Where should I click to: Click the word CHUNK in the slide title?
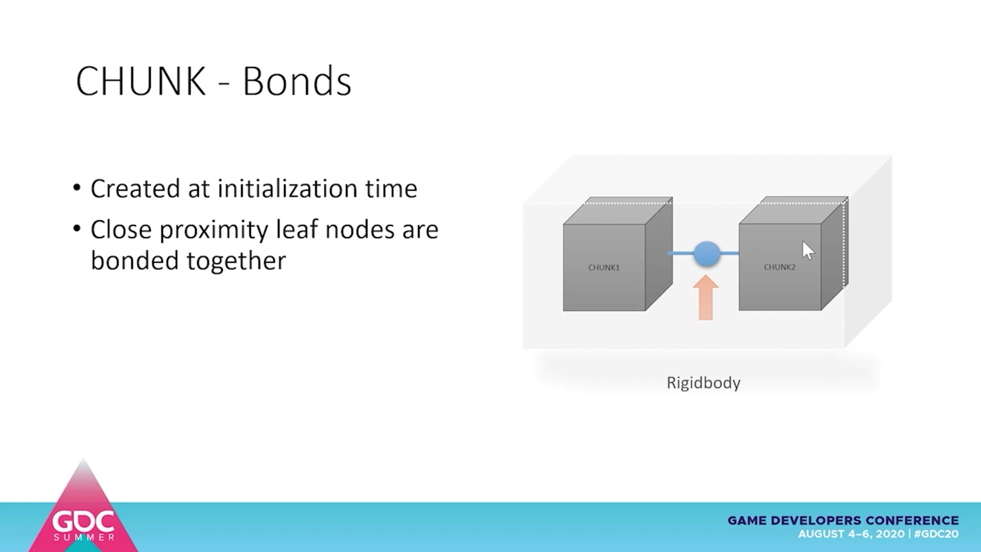point(141,81)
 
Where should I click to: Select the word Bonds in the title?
point(297,81)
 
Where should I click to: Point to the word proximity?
point(214,231)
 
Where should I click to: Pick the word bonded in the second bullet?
point(135,261)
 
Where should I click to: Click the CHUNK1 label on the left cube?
point(604,267)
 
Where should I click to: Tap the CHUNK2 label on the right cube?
point(780,267)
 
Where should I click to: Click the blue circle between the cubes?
point(707,254)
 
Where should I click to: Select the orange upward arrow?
point(706,297)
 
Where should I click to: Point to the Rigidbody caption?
point(704,383)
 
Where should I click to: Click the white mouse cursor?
point(807,250)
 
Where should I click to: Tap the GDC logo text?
point(83,522)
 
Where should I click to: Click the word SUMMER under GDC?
point(84,537)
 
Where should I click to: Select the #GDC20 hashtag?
point(936,534)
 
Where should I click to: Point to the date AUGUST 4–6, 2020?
point(851,534)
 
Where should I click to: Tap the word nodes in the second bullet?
point(360,230)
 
